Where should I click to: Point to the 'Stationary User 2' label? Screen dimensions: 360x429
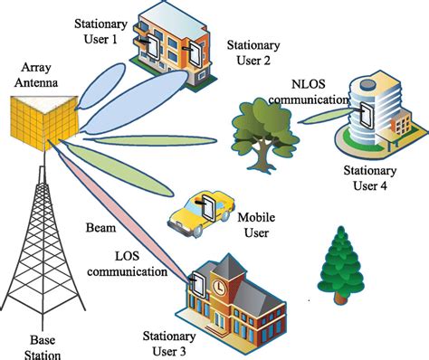(x=250, y=52)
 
